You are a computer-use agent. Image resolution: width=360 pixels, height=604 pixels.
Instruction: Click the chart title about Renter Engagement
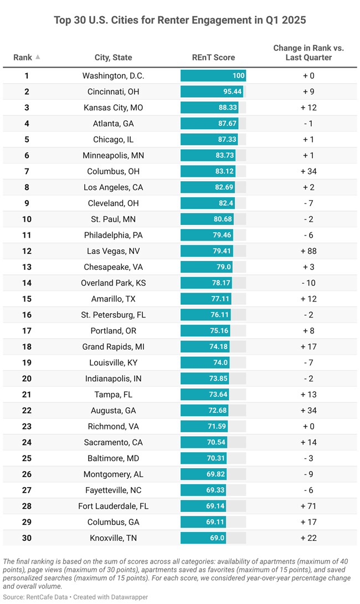[x=179, y=20]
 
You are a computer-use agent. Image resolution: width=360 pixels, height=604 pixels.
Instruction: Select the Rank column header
[x=23, y=57]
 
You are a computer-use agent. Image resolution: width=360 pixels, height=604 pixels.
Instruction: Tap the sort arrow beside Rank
[x=38, y=57]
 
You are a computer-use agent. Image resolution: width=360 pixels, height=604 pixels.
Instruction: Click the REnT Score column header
[x=213, y=57]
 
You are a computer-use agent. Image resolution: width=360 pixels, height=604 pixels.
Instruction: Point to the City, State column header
[x=113, y=57]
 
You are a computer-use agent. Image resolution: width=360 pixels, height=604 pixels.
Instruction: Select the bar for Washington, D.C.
[x=213, y=76]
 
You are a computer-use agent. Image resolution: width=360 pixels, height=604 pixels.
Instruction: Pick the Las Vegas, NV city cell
[x=113, y=251]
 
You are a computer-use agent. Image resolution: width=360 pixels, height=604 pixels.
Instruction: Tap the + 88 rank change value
[x=308, y=251]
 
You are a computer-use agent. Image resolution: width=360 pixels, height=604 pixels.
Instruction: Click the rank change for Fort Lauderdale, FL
[x=308, y=506]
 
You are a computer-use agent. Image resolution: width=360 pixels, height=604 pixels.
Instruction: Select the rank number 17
[x=27, y=331]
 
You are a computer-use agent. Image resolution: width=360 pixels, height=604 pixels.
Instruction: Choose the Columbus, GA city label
[x=113, y=522]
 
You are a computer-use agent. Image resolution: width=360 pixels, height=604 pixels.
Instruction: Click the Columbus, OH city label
[x=113, y=171]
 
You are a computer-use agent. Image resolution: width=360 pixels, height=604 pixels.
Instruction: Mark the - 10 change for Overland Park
[x=308, y=283]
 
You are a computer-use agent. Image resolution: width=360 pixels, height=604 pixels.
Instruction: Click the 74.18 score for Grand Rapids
[x=222, y=347]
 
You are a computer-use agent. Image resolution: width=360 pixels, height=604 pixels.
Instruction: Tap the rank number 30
[x=27, y=538]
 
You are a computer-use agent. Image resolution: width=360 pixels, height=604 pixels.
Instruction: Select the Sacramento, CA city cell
[x=113, y=442]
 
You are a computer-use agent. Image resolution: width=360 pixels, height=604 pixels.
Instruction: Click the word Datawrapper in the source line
[x=128, y=597]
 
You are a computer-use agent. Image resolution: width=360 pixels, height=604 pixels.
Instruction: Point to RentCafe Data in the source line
[x=53, y=597]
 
